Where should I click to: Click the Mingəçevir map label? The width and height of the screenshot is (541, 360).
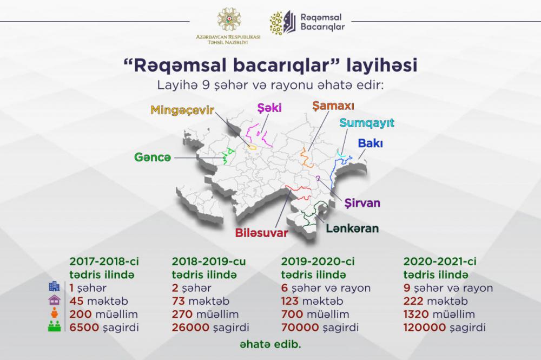[182, 110]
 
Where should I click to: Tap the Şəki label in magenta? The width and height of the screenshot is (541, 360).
[269, 108]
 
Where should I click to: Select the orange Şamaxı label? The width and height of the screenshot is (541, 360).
[333, 106]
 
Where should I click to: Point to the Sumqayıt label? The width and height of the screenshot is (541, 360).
[367, 123]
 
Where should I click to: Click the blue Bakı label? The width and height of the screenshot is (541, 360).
[370, 143]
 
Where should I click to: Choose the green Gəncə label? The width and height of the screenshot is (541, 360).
[153, 158]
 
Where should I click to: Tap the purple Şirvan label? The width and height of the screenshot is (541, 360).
[362, 202]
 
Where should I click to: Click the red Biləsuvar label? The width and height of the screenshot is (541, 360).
[261, 233]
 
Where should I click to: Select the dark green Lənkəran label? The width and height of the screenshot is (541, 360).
[352, 228]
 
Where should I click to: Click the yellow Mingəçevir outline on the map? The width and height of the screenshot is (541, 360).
[252, 147]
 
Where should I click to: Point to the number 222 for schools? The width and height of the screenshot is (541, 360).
[413, 301]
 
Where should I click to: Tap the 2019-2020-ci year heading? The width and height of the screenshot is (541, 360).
[318, 261]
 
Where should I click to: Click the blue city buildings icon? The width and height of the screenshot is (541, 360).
[54, 286]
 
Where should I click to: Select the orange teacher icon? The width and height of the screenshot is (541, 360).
[54, 313]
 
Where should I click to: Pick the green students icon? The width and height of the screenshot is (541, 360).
[54, 326]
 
